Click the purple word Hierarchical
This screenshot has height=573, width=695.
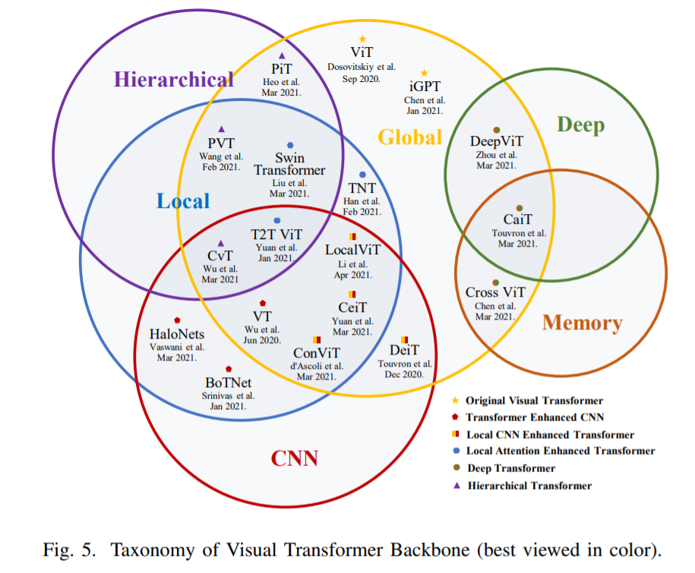click(174, 79)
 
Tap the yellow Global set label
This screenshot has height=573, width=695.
click(410, 137)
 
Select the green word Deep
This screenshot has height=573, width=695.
click(580, 124)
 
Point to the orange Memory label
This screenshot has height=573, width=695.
click(582, 323)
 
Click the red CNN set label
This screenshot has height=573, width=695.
click(295, 458)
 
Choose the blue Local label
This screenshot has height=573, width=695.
click(183, 200)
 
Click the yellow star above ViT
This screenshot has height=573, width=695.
click(362, 39)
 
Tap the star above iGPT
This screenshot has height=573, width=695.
click(425, 73)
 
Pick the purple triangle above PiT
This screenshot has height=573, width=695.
click(282, 55)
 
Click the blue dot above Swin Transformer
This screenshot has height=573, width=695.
click(290, 145)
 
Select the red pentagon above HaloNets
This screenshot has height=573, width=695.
click(177, 320)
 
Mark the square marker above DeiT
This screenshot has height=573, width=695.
click(404, 338)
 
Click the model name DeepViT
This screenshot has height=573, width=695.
click(497, 142)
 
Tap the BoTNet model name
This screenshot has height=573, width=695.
click(229, 383)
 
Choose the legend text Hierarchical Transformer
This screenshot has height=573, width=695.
click(529, 486)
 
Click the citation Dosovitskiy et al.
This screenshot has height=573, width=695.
click(362, 67)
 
